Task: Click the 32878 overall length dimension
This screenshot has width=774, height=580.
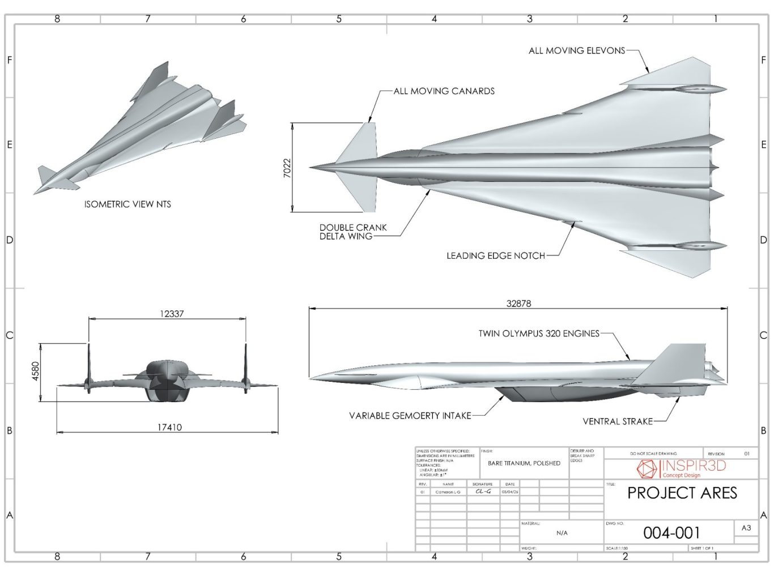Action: tap(518, 304)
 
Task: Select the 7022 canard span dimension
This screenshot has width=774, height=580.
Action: tap(287, 168)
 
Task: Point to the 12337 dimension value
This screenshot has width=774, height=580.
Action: tap(172, 314)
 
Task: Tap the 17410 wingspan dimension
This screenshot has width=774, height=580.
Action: tap(169, 428)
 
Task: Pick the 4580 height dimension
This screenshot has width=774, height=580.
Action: tap(36, 372)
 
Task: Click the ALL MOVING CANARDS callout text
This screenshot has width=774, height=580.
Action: tap(444, 91)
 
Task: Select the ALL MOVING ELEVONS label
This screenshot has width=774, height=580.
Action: tap(576, 51)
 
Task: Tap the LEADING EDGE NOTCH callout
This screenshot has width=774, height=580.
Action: tap(495, 256)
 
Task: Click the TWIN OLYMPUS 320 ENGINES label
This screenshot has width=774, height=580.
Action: tap(538, 334)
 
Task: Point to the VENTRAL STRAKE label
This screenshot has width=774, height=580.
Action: tap(617, 421)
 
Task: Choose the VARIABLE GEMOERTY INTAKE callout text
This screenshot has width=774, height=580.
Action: tap(410, 416)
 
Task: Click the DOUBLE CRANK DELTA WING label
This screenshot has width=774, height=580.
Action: tap(352, 232)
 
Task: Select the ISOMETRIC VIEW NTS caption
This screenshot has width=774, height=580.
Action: tap(127, 204)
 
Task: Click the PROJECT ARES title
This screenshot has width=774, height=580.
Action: tap(682, 493)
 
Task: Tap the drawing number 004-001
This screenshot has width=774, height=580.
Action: tap(671, 533)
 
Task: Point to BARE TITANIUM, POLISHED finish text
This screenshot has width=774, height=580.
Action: tap(524, 463)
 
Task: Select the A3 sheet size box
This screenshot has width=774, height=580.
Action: tap(746, 528)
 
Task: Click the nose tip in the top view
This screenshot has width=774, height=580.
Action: tap(311, 168)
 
